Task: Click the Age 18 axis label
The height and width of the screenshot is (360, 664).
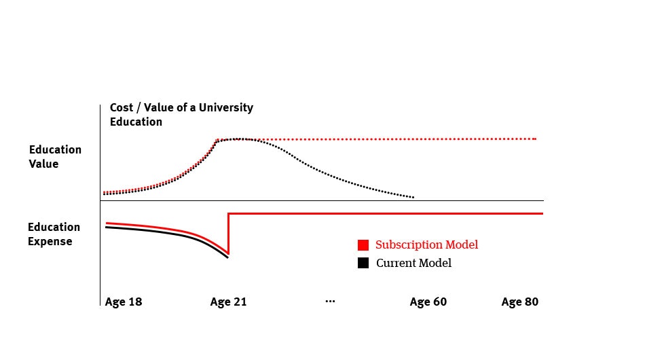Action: (x=124, y=302)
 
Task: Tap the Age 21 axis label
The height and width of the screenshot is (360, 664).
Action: (x=229, y=302)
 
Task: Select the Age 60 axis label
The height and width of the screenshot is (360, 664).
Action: (x=428, y=302)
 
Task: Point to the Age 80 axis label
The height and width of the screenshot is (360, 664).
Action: (x=520, y=302)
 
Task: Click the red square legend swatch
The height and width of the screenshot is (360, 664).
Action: (x=363, y=245)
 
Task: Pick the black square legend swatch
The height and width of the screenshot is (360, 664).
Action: (x=363, y=263)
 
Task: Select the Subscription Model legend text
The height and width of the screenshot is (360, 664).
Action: (x=426, y=245)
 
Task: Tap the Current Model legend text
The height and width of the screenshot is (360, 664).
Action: (x=413, y=263)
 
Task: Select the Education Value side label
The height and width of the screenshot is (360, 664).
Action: (x=55, y=157)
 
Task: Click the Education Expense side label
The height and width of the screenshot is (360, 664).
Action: (x=54, y=234)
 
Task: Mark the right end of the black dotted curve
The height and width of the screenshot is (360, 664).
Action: (x=413, y=198)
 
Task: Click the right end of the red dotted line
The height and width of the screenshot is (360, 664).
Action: (x=535, y=139)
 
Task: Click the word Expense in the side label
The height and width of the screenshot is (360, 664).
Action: (x=50, y=241)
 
